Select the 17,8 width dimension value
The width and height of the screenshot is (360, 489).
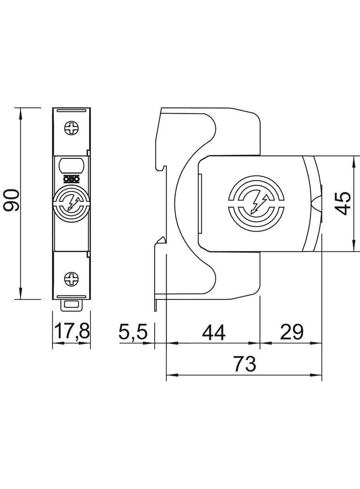click(x=72, y=331)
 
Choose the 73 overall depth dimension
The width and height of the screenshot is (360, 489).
click(x=244, y=365)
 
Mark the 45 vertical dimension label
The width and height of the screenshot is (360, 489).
click(x=343, y=203)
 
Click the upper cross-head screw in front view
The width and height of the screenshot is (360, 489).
click(x=72, y=128)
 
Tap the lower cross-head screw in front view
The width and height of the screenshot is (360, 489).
click(x=72, y=278)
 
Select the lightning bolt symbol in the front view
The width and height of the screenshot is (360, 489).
click(x=72, y=202)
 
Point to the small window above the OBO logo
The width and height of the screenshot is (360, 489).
click(x=72, y=164)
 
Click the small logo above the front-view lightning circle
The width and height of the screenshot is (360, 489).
click(x=72, y=180)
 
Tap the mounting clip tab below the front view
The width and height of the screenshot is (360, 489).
click(x=72, y=303)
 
